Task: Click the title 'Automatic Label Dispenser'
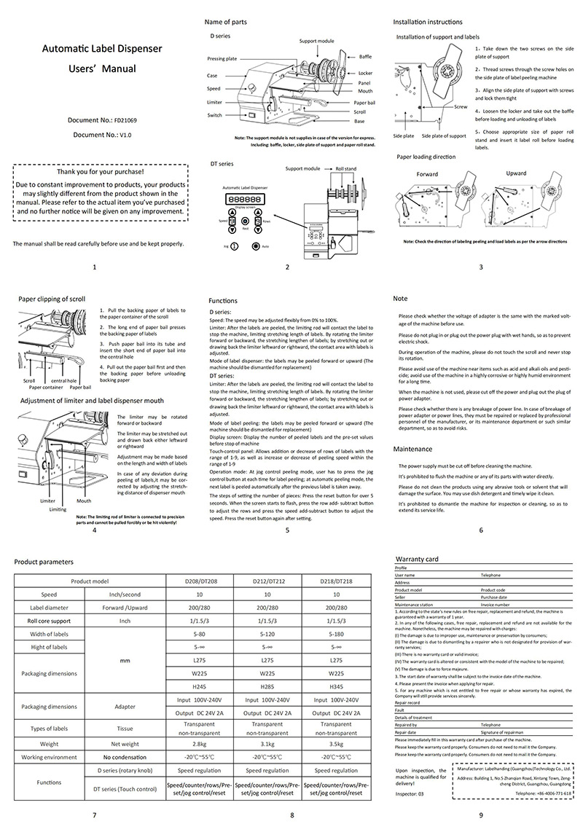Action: (x=101, y=50)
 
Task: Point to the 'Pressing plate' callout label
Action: (x=222, y=58)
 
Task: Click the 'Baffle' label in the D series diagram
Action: (x=365, y=56)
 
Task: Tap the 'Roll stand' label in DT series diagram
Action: (x=345, y=168)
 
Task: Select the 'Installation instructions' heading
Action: (x=429, y=23)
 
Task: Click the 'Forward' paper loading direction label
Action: (x=427, y=175)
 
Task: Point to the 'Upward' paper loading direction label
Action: (x=515, y=173)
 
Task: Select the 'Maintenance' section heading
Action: (x=412, y=450)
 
